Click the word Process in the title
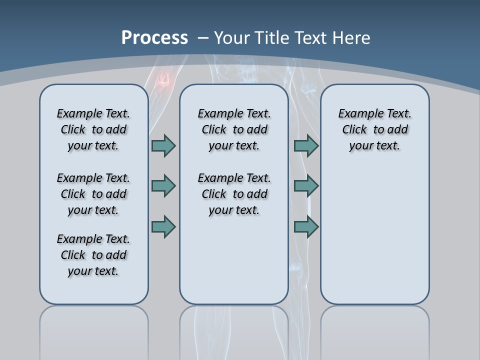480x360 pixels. [x=154, y=38]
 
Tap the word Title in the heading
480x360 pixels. [x=270, y=38]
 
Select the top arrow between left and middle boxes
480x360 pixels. [x=163, y=145]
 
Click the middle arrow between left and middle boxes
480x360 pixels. [x=163, y=186]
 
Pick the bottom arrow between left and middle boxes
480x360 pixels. [x=163, y=227]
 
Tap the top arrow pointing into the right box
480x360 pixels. [x=306, y=145]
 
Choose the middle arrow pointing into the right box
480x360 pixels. [x=306, y=186]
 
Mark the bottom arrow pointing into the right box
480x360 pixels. [x=306, y=227]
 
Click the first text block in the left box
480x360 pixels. [x=93, y=129]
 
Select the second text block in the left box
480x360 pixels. [x=93, y=194]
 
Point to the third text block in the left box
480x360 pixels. [x=93, y=255]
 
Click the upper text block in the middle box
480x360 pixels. [x=234, y=129]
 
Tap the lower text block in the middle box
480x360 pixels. [x=234, y=194]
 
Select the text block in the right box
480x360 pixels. [x=374, y=129]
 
